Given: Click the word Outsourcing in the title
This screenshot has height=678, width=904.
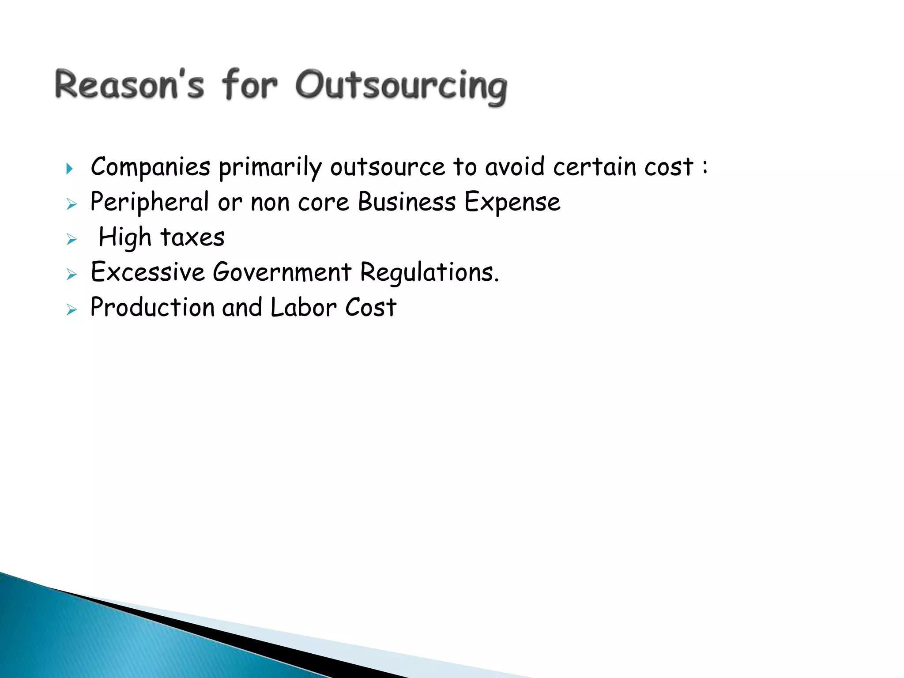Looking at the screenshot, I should click(x=401, y=86).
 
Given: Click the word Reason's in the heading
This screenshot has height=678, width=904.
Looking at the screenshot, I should click(x=129, y=85).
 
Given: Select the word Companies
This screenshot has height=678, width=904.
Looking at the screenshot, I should click(x=151, y=167).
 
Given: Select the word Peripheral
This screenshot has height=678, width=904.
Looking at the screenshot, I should click(x=150, y=203).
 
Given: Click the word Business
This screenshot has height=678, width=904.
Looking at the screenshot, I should click(x=407, y=202).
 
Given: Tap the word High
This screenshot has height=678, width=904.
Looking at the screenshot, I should click(x=125, y=237).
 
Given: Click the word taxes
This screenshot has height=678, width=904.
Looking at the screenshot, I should click(x=192, y=237).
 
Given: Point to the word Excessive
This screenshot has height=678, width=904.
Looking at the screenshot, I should click(x=148, y=272).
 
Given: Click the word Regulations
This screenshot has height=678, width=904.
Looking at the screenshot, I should click(x=429, y=273).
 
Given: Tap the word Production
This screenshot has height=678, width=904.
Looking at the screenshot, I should click(x=152, y=307).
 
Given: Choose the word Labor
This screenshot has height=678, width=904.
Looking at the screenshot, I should click(x=304, y=307).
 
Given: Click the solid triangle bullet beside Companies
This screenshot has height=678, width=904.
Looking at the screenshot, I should click(x=69, y=169).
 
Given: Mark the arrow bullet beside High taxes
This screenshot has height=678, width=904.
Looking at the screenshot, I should click(x=72, y=240).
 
